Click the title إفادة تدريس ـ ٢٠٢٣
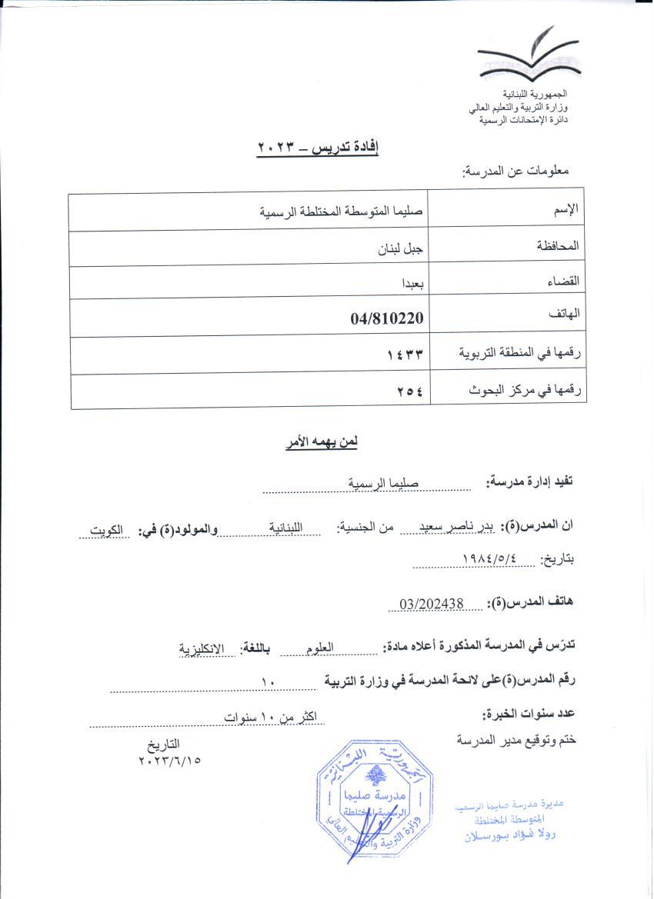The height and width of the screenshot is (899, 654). point(319,147)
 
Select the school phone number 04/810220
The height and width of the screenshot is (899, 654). point(389,317)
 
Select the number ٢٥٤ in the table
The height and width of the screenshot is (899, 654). point(410,391)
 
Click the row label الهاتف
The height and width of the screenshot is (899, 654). point(565,314)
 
